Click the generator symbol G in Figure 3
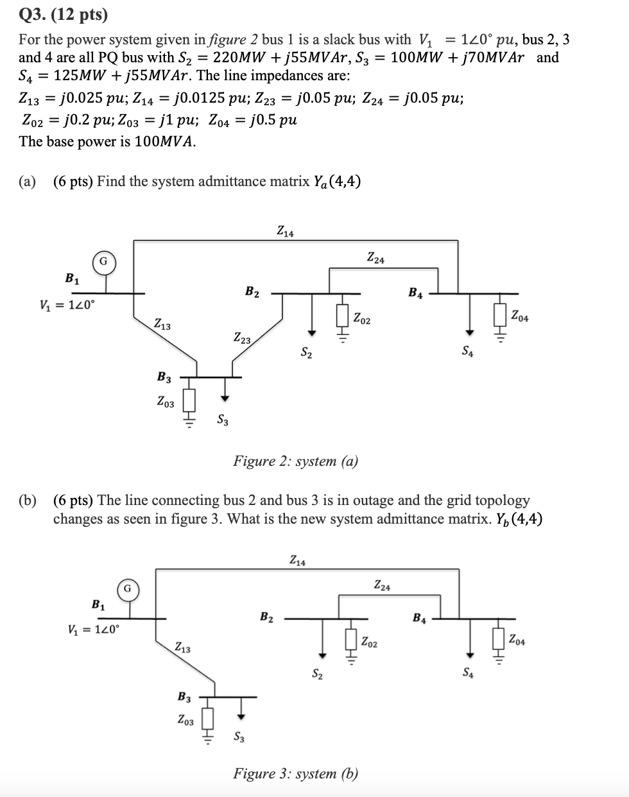(x=128, y=588)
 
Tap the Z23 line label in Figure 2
(x=243, y=337)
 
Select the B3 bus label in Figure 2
(x=164, y=377)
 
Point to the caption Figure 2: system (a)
(x=295, y=461)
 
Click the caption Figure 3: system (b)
(x=295, y=773)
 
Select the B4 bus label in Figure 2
(x=415, y=293)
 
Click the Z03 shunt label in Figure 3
(x=185, y=720)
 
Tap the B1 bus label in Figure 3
(x=99, y=604)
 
